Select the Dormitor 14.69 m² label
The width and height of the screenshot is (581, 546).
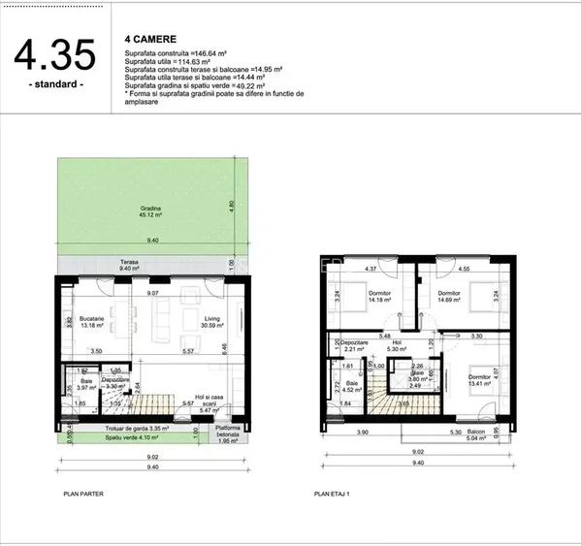448,296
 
